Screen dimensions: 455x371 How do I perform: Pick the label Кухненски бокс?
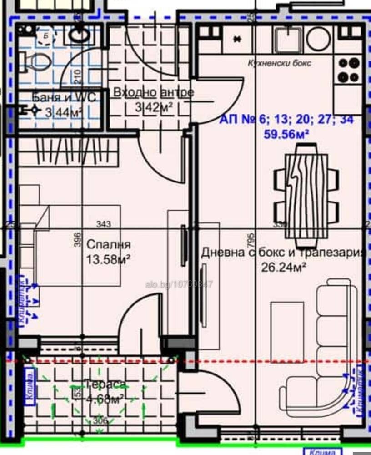(x=280, y=63)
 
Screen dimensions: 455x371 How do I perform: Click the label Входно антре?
(x=153, y=92)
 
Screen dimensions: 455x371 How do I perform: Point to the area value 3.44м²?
(x=64, y=111)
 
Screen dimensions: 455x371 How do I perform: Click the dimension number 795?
(x=252, y=237)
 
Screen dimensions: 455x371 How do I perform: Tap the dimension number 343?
(x=104, y=224)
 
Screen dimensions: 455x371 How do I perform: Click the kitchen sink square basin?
(x=289, y=39)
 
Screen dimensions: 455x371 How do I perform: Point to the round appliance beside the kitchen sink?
(x=318, y=39)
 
